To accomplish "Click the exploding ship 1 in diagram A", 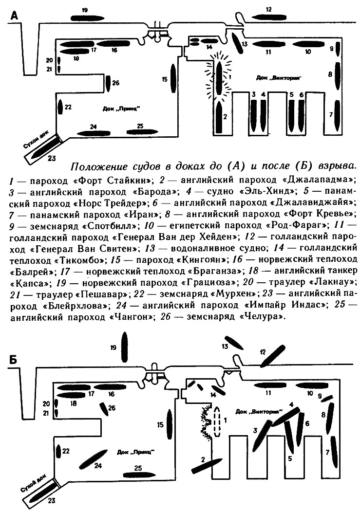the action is pyautogui.click(x=219, y=78).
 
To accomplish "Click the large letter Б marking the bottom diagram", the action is pyautogui.click(x=14, y=360).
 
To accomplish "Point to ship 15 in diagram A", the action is pyautogui.click(x=173, y=78).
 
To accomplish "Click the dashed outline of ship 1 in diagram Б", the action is pyautogui.click(x=217, y=421).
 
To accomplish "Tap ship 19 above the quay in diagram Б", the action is pyautogui.click(x=124, y=347).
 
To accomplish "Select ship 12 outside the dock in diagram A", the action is pyautogui.click(x=268, y=17).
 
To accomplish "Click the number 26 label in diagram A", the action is pyautogui.click(x=115, y=83).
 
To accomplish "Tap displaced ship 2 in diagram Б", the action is pyautogui.click(x=207, y=465).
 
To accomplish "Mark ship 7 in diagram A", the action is pyautogui.click(x=337, y=115).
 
